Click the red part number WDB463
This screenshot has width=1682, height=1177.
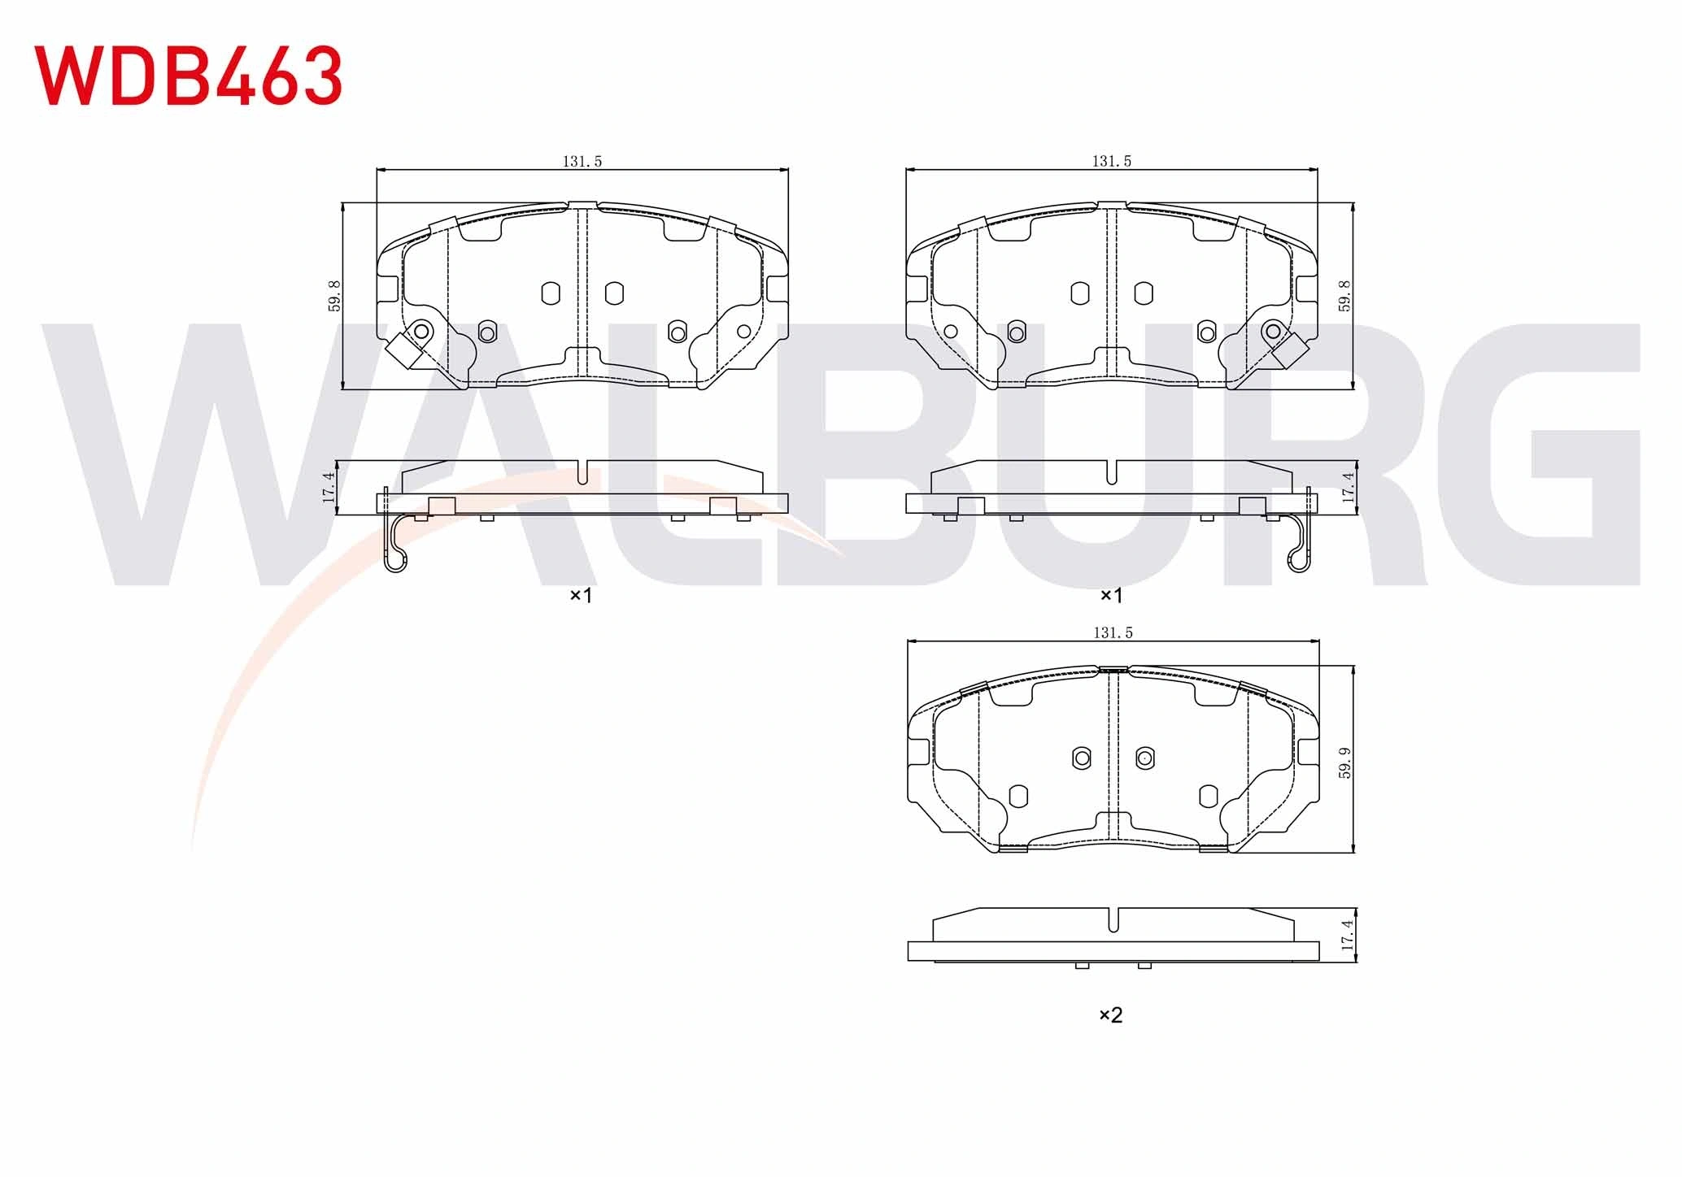(x=188, y=76)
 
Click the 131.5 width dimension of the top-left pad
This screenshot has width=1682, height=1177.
(x=582, y=162)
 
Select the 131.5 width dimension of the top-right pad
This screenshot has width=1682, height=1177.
(x=1112, y=162)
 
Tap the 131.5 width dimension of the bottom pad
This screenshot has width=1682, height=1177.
(x=1113, y=633)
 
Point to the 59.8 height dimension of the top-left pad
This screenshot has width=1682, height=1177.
(x=334, y=296)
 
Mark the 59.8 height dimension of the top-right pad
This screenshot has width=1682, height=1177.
(x=1344, y=296)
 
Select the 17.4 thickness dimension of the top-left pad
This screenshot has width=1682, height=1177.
(x=329, y=488)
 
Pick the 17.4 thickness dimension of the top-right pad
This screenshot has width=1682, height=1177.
(x=1349, y=488)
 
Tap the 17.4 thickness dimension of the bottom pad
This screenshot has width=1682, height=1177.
(x=1347, y=936)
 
